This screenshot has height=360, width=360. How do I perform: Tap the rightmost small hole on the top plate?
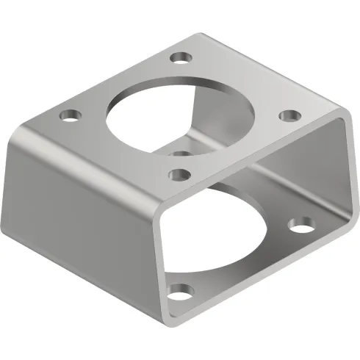coord(290,115)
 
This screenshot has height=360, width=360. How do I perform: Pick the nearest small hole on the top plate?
coord(178,174)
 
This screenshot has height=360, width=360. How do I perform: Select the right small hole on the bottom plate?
coord(300,226)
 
